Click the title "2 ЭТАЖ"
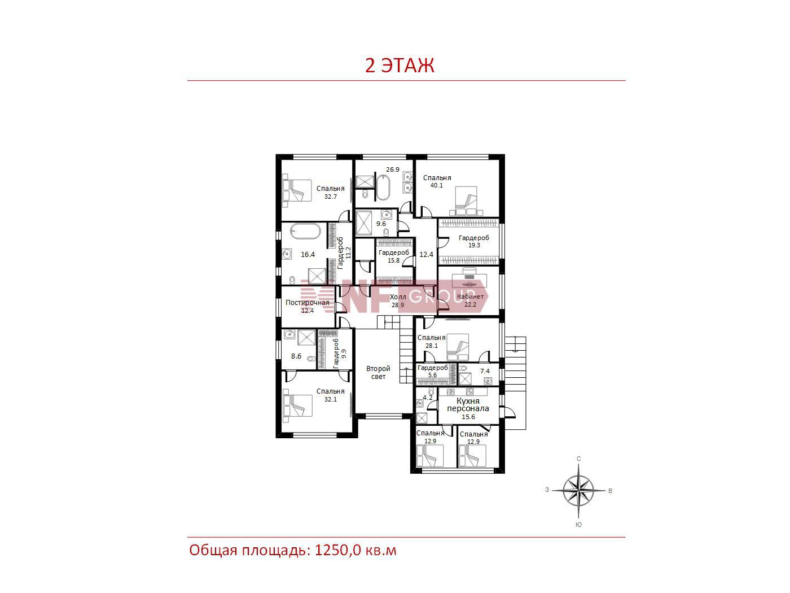click(400, 66)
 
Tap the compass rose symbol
click(578, 490)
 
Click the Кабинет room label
click(470, 296)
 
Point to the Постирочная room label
click(307, 303)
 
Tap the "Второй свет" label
click(378, 372)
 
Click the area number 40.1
click(437, 185)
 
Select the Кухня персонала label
click(468, 405)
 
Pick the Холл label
click(398, 297)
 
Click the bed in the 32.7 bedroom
click(297, 190)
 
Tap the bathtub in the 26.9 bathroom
click(383, 188)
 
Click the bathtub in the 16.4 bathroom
click(305, 231)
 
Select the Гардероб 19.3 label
click(474, 241)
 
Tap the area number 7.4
click(485, 371)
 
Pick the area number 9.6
click(381, 224)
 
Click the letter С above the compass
click(579, 459)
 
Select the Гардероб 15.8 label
click(394, 256)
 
